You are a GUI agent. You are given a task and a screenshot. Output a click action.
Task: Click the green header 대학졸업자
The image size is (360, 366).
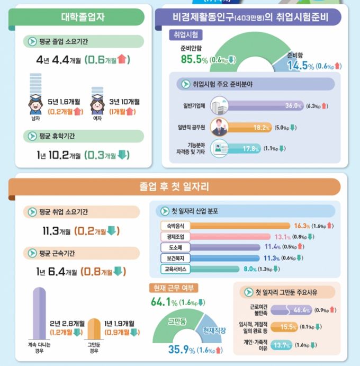(79, 17)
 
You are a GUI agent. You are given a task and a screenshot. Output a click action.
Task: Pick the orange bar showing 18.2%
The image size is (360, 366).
(249, 128)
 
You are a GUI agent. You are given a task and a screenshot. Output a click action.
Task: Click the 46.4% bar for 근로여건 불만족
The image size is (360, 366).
(281, 310)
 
